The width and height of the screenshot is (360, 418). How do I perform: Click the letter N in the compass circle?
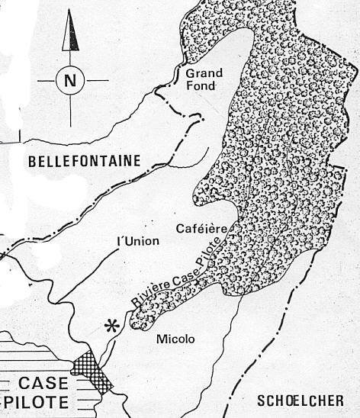click(x=71, y=80)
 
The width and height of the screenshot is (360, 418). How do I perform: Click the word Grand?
click(x=204, y=73)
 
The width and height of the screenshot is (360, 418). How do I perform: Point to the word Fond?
click(x=204, y=86)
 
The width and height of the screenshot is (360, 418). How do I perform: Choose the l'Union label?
click(x=137, y=242)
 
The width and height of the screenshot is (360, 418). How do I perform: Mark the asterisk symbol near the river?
click(x=113, y=326)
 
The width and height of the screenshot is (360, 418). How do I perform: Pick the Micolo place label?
click(x=175, y=338)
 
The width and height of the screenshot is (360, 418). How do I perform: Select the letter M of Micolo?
click(x=159, y=338)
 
